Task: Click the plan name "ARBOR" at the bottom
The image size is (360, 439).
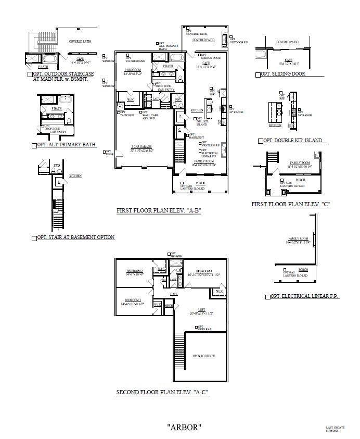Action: click(x=184, y=427)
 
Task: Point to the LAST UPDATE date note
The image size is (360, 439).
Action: click(x=335, y=429)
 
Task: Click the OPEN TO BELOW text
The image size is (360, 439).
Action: click(x=203, y=356)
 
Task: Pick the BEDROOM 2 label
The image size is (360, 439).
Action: click(x=134, y=272)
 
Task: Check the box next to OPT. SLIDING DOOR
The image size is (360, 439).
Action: click(x=258, y=75)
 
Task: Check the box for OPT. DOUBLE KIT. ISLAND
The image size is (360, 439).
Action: click(x=260, y=141)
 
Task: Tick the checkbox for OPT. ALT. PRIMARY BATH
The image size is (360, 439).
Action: click(x=34, y=145)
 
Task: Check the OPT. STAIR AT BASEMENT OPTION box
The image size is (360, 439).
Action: click(x=34, y=238)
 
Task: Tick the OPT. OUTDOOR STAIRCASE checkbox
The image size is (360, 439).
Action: click(x=29, y=75)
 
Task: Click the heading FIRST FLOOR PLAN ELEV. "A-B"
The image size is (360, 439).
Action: click(x=159, y=211)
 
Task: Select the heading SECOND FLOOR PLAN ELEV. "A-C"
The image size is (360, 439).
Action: click(x=162, y=392)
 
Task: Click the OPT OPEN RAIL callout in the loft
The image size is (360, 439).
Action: click(x=203, y=329)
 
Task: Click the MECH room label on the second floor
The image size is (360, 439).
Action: click(x=169, y=306)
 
